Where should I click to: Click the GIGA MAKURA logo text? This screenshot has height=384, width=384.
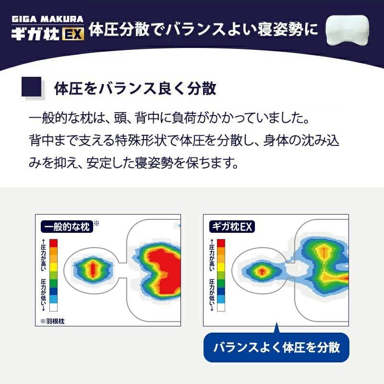(48, 19)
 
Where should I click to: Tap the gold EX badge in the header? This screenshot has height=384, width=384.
(73, 34)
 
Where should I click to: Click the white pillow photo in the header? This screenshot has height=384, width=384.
(347, 30)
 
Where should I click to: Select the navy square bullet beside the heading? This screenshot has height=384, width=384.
(31, 87)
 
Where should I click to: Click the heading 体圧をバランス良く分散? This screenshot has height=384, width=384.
(135, 88)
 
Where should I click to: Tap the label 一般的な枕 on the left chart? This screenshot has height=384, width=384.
(67, 227)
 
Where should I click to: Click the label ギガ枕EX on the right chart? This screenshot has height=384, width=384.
(232, 226)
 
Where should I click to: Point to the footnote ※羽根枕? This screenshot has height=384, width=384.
(52, 321)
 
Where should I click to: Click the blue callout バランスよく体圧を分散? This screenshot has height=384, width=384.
(276, 348)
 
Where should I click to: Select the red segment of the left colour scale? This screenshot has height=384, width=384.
(53, 243)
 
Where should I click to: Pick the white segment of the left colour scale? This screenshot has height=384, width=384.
(53, 307)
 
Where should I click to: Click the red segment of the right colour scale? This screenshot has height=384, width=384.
(221, 243)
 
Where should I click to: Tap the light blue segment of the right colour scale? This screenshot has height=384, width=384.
(221, 299)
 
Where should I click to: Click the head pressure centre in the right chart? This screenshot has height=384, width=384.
(262, 271)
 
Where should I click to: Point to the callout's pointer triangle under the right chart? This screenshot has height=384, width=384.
(277, 328)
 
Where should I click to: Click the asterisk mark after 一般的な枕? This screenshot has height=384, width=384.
(96, 223)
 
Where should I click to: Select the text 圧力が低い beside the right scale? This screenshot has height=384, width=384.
(211, 292)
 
